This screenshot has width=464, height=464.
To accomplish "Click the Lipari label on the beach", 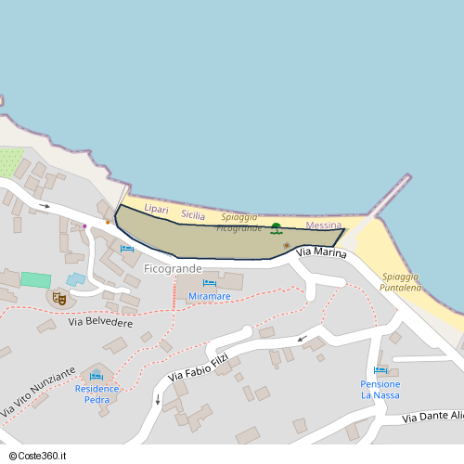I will pos(156,210).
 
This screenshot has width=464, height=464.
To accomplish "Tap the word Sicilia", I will pos(193,214).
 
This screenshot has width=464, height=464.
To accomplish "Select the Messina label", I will pos(323,226).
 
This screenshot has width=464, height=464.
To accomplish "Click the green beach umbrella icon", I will pos(276,227).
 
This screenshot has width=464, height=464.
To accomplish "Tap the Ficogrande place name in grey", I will pos(173,268).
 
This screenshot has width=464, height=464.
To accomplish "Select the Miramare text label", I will pos(209,296).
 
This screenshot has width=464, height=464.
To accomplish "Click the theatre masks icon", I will pos(58,298).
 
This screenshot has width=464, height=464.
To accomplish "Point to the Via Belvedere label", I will pos(100,323).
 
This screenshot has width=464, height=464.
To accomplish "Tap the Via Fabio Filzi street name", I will pos(198,367).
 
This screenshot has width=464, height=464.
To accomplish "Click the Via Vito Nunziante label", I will pos(38,391).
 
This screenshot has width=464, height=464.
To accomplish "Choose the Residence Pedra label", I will pos(97,393).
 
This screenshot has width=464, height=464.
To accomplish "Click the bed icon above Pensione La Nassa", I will pos(380,371).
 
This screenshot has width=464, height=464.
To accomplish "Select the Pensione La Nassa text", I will pos(380,389).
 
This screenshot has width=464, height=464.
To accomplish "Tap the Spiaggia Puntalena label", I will pos(400,282).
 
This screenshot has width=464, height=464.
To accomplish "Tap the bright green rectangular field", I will pos(36,279).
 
